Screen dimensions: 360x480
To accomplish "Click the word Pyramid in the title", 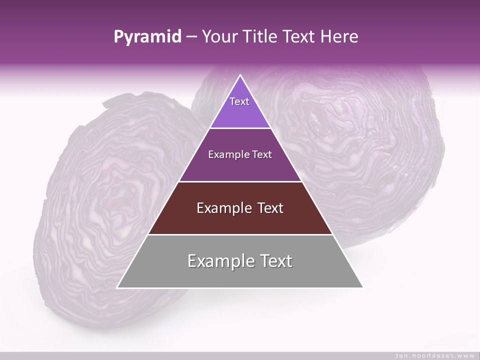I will (147, 37).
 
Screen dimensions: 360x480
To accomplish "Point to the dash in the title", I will (190, 37).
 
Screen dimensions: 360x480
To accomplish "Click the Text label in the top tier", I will (239, 101).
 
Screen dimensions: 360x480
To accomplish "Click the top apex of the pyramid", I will (240, 75).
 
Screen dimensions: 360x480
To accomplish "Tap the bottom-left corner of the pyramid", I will (118, 287).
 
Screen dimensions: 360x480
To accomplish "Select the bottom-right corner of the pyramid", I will (362, 287).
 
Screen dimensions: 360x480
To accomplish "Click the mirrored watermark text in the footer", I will (434, 355).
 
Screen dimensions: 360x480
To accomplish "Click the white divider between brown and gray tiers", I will (240, 234).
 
